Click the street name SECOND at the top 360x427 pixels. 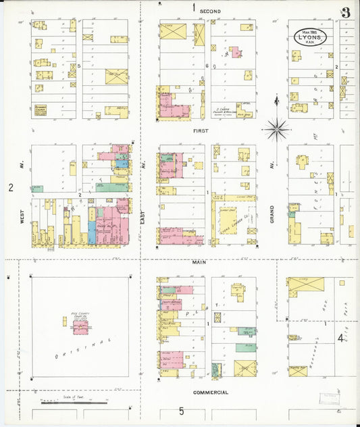click(x=210, y=11)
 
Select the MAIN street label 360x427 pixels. click(x=199, y=261)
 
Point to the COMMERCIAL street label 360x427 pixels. click(x=210, y=393)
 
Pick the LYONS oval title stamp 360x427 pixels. click(x=309, y=37)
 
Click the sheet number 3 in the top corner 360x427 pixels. click(x=344, y=12)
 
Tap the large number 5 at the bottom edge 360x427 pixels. click(x=181, y=411)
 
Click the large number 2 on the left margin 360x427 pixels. click(x=11, y=186)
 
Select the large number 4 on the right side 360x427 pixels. click(x=340, y=338)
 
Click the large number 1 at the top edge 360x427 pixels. click(x=193, y=8)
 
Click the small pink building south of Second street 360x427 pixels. click(x=236, y=52)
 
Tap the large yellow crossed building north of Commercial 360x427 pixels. click(x=245, y=368)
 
